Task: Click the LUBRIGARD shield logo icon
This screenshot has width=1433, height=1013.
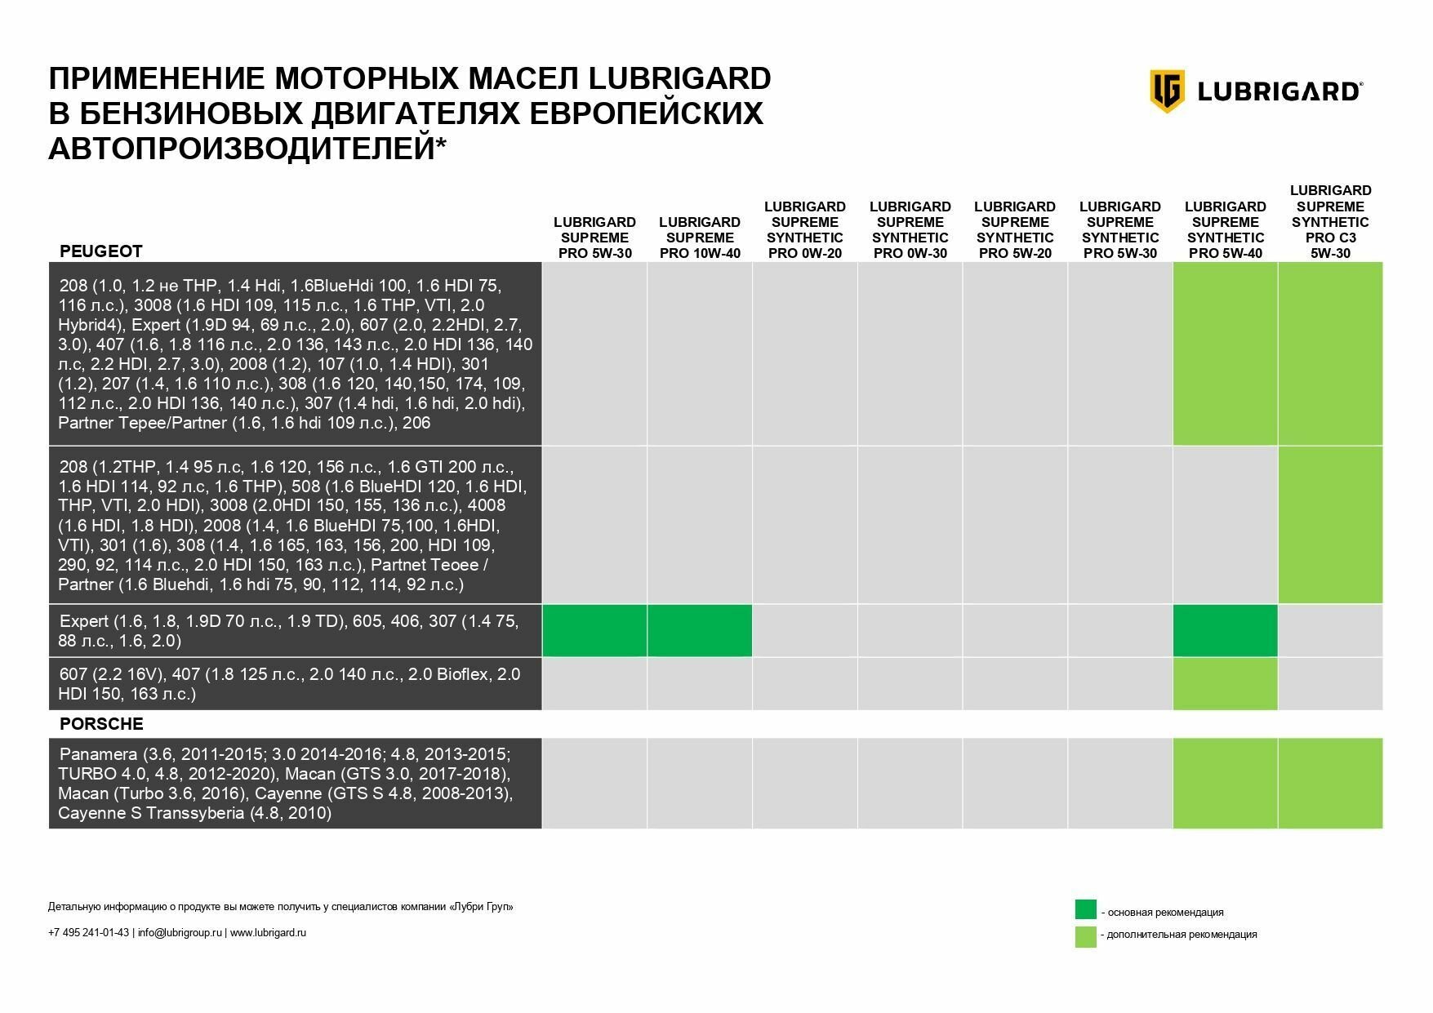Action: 1167,91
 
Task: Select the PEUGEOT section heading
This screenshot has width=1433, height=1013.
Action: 101,251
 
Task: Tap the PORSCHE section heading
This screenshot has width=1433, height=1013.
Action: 101,724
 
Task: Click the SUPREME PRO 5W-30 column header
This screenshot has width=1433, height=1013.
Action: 595,238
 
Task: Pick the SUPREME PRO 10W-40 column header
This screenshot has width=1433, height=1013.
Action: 700,238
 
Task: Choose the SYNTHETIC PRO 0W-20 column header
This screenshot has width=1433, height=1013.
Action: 805,229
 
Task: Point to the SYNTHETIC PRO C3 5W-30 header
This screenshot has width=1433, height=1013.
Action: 1330,221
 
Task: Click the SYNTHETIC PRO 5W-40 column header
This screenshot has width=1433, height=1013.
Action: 1225,229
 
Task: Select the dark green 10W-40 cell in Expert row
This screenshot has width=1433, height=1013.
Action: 700,631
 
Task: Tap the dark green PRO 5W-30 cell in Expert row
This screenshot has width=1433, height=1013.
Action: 595,631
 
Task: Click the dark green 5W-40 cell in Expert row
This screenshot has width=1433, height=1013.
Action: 1225,631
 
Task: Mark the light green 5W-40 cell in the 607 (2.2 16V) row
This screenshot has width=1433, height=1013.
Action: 1225,684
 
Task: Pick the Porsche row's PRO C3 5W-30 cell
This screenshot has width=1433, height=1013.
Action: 1330,784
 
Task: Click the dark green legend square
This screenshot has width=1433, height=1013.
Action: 1085,909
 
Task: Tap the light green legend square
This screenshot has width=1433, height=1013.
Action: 1085,936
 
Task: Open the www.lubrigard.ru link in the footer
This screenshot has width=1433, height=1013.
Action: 268,933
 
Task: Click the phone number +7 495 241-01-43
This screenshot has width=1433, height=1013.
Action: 88,933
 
